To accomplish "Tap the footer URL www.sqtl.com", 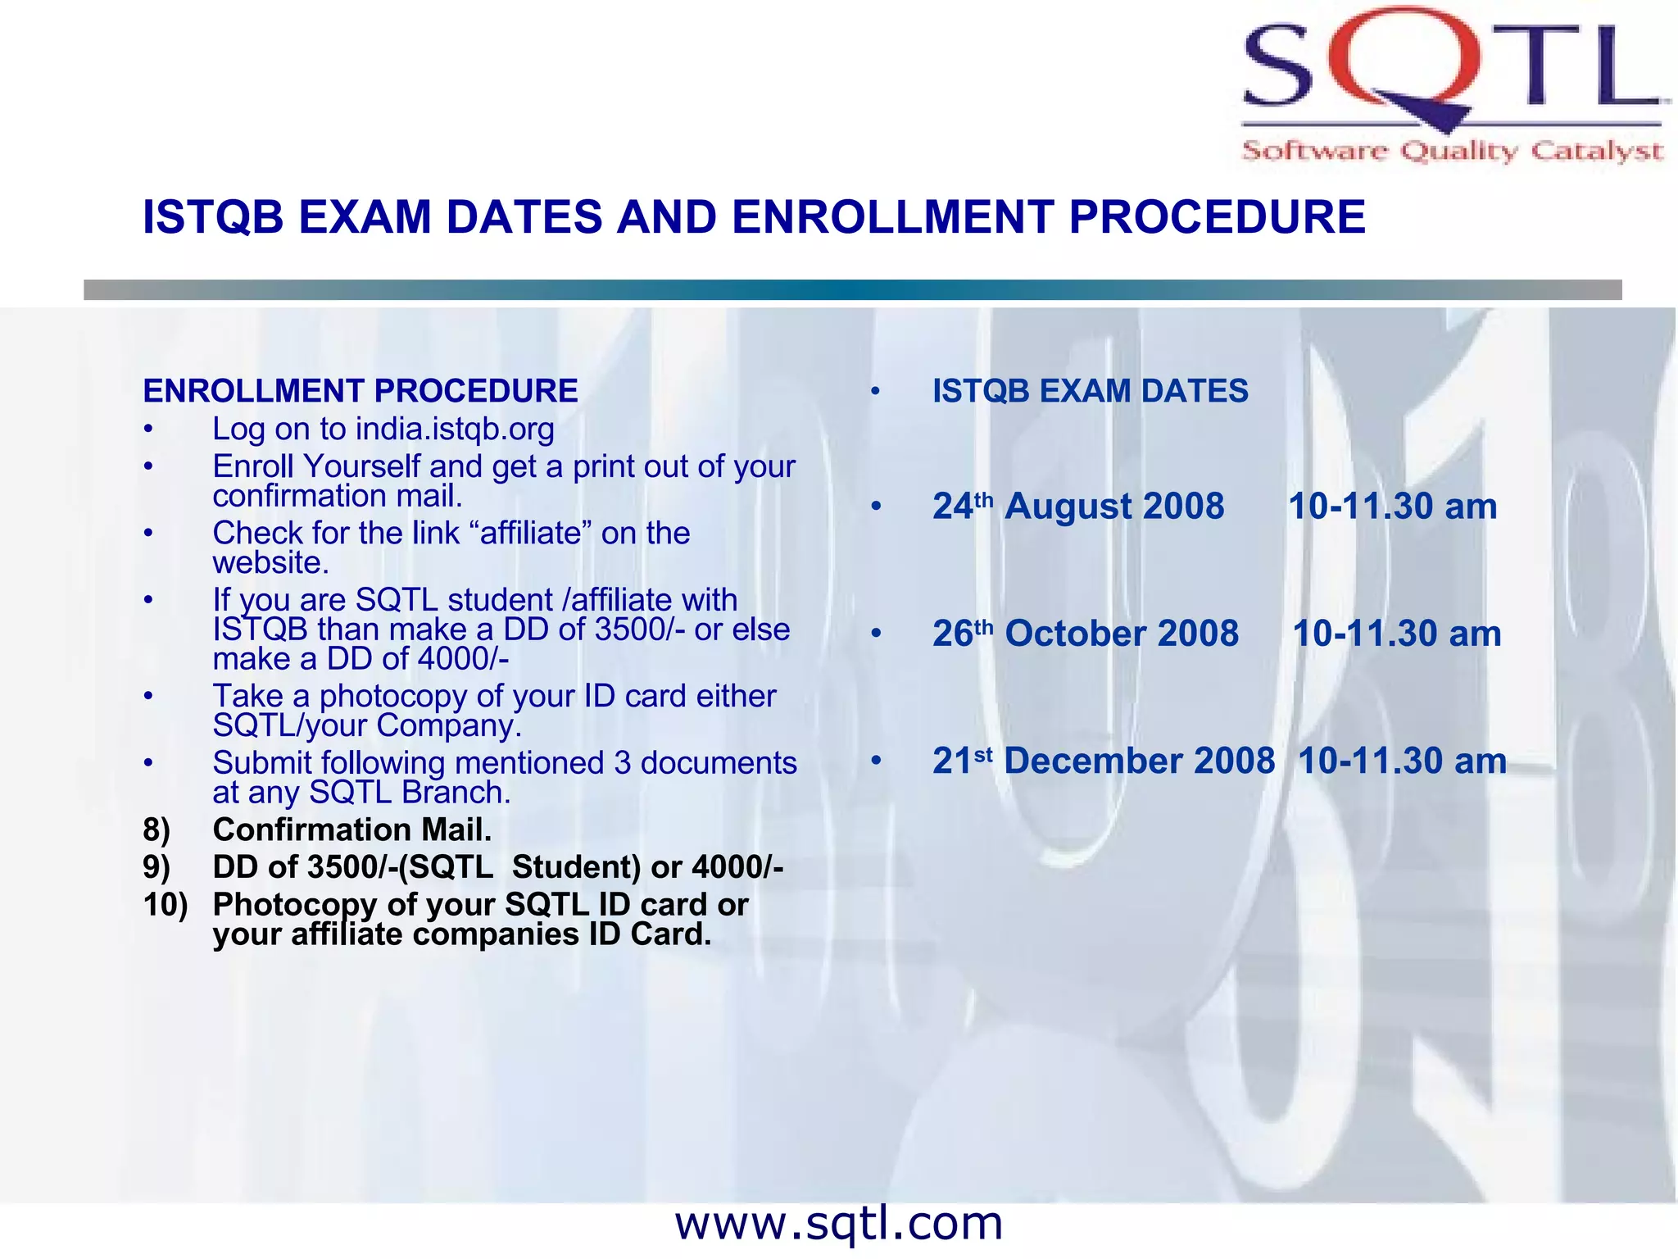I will click(838, 1224).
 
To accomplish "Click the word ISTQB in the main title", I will click(213, 217).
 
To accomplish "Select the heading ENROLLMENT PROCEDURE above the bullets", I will click(361, 391).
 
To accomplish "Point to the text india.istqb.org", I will click(455, 429).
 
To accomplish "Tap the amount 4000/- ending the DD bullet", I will click(464, 659).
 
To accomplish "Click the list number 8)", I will click(156, 829).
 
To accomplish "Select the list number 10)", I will click(165, 904).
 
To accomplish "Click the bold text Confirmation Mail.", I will click(352, 829).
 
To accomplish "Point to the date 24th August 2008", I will click(1078, 507).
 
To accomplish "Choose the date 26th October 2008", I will click(1086, 634).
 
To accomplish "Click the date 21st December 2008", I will click(1103, 761).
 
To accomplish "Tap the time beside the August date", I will click(1392, 507).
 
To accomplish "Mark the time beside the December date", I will click(1402, 761).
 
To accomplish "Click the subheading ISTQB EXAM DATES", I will click(1091, 391).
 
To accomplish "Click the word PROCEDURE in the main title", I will click(1217, 217).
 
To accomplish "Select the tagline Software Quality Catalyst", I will click(1452, 151).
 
